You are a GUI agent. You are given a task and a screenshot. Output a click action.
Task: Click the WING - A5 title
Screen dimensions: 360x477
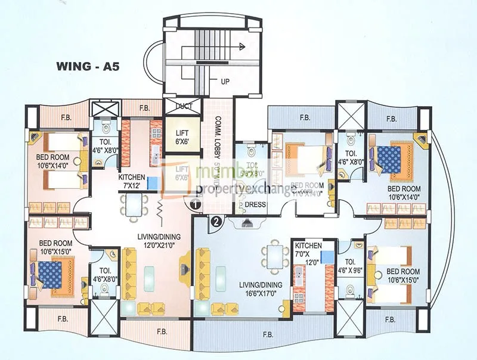click(x=88, y=66)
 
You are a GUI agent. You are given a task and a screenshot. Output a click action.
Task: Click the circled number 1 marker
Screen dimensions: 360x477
click(x=194, y=204)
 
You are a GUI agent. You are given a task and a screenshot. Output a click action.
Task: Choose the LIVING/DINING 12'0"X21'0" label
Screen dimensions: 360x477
click(x=157, y=242)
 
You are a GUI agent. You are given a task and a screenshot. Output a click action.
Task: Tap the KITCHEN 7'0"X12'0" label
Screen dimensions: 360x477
click(x=307, y=250)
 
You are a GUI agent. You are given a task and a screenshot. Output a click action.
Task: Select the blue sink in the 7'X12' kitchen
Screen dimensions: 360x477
click(x=152, y=182)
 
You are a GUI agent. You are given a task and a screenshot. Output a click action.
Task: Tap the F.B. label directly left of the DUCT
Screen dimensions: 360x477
click(x=144, y=108)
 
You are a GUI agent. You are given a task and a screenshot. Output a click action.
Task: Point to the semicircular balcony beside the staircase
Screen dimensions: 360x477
click(x=157, y=62)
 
